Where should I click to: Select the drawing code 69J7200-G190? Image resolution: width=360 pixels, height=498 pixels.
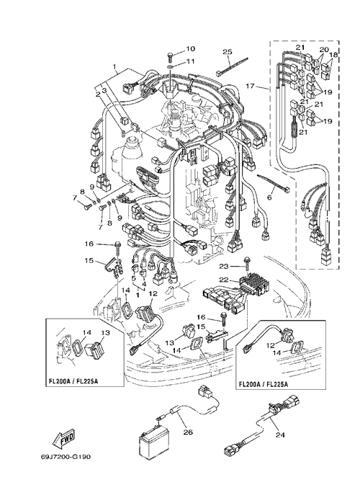pos(66,457)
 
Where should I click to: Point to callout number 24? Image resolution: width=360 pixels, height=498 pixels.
pos(280,434)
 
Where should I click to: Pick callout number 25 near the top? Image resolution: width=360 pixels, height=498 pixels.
pos(228,52)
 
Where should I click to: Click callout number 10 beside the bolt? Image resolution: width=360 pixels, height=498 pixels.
pos(190,48)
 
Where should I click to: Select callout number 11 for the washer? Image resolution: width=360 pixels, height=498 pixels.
pos(190,61)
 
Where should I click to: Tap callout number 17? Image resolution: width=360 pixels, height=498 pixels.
pos(251,86)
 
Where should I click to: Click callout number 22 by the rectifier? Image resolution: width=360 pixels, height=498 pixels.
pos(224,279)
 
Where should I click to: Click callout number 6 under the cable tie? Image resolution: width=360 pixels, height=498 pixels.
pos(269,197)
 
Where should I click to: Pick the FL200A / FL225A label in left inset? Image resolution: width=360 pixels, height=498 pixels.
pos(73,381)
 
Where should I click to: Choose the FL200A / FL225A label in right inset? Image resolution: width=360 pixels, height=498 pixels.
pos(263,384)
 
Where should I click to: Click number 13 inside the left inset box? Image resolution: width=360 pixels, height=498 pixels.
pos(106,332)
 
